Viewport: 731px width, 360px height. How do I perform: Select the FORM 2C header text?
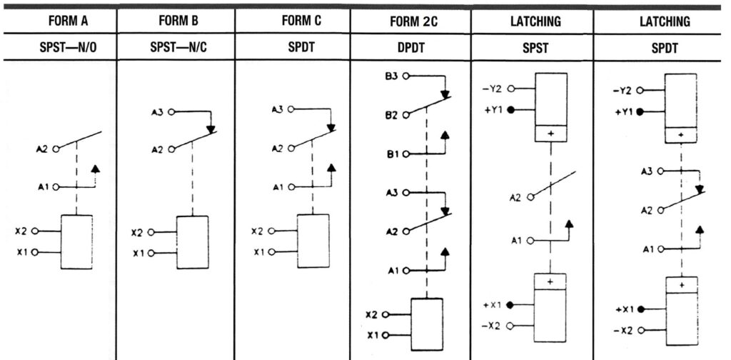pyautogui.click(x=413, y=21)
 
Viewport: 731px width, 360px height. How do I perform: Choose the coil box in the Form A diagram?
pyautogui.click(x=76, y=241)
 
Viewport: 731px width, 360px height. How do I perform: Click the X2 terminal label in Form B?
pyautogui.click(x=139, y=233)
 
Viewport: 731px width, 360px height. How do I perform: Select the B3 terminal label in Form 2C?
pyautogui.click(x=391, y=76)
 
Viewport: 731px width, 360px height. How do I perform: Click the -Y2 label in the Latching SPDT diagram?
pyautogui.click(x=623, y=91)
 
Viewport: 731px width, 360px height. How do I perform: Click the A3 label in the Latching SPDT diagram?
pyautogui.click(x=645, y=171)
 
